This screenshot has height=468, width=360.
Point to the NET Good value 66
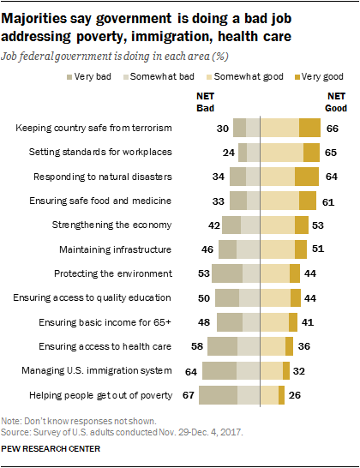(x=333, y=128)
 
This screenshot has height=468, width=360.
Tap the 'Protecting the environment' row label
(x=125, y=273)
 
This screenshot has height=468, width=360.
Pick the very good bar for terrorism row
(x=309, y=128)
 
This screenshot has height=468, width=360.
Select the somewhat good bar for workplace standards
(x=282, y=153)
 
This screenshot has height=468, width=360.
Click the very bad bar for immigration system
(x=219, y=372)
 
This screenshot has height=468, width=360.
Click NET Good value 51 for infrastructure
(x=318, y=249)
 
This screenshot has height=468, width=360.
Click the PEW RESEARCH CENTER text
(x=51, y=448)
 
